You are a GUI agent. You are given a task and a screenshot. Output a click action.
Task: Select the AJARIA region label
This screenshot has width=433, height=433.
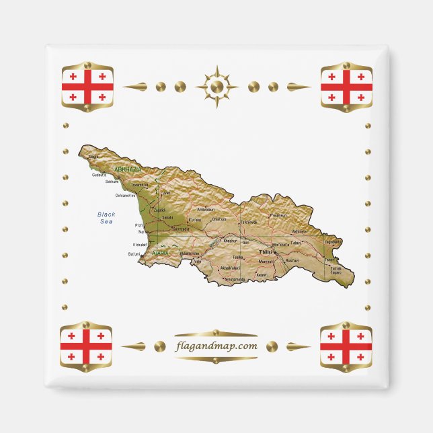(x=161, y=253)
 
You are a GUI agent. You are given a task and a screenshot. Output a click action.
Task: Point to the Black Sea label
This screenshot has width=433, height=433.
(x=106, y=217)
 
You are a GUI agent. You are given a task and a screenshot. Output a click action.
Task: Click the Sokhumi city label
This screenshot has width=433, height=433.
(x=112, y=182)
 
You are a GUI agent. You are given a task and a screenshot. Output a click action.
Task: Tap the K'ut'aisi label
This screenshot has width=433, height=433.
(x=194, y=219)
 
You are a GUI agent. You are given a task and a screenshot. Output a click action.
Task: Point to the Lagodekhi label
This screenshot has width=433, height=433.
(x=332, y=241)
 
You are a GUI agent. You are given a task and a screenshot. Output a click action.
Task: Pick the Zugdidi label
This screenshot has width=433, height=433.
(x=160, y=210)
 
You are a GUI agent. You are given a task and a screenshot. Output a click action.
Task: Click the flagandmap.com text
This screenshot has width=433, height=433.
(x=216, y=346)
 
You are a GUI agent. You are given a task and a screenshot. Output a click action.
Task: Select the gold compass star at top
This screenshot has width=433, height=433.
(x=216, y=87)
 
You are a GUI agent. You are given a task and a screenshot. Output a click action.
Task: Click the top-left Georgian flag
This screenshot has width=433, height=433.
(x=87, y=87)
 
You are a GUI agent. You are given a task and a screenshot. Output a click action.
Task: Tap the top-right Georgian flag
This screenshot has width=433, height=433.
(x=346, y=87)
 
